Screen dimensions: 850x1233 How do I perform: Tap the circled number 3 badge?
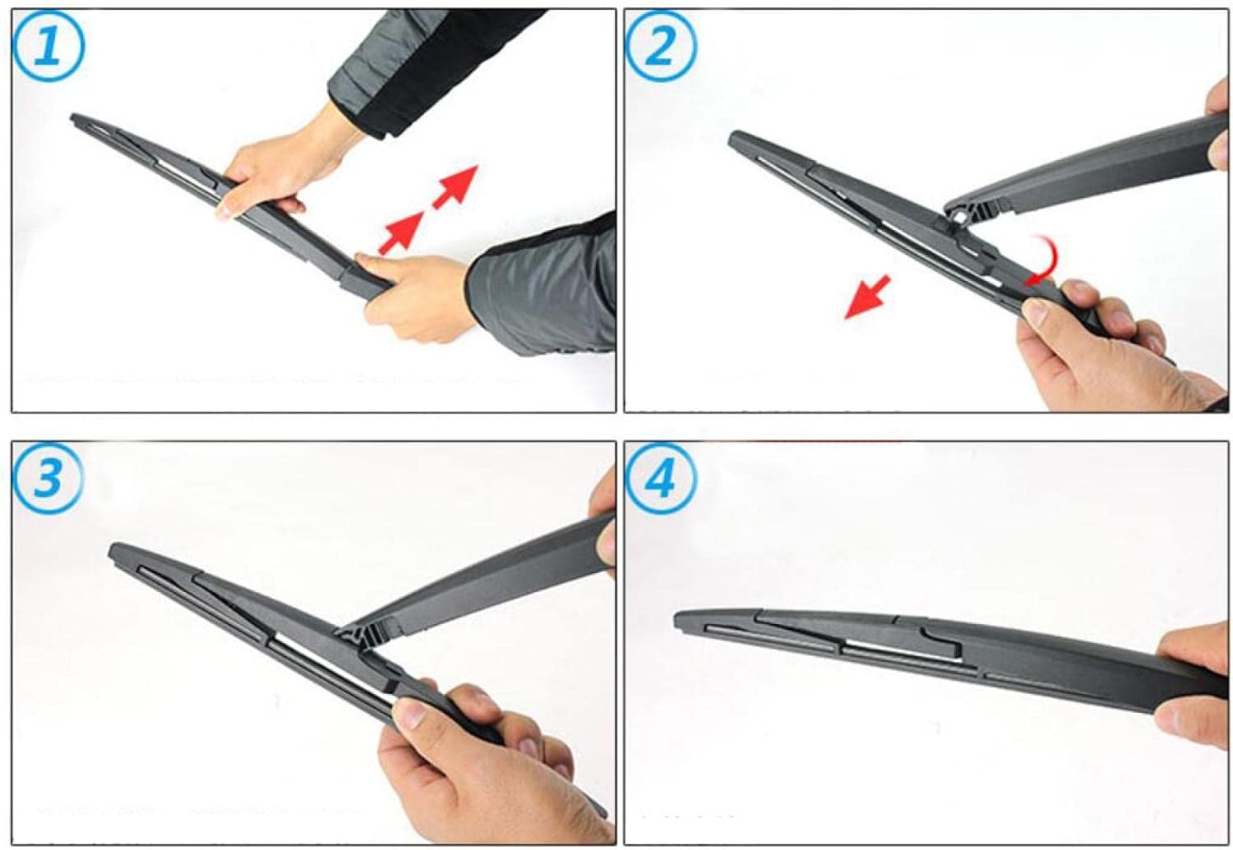pos(48,477)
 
